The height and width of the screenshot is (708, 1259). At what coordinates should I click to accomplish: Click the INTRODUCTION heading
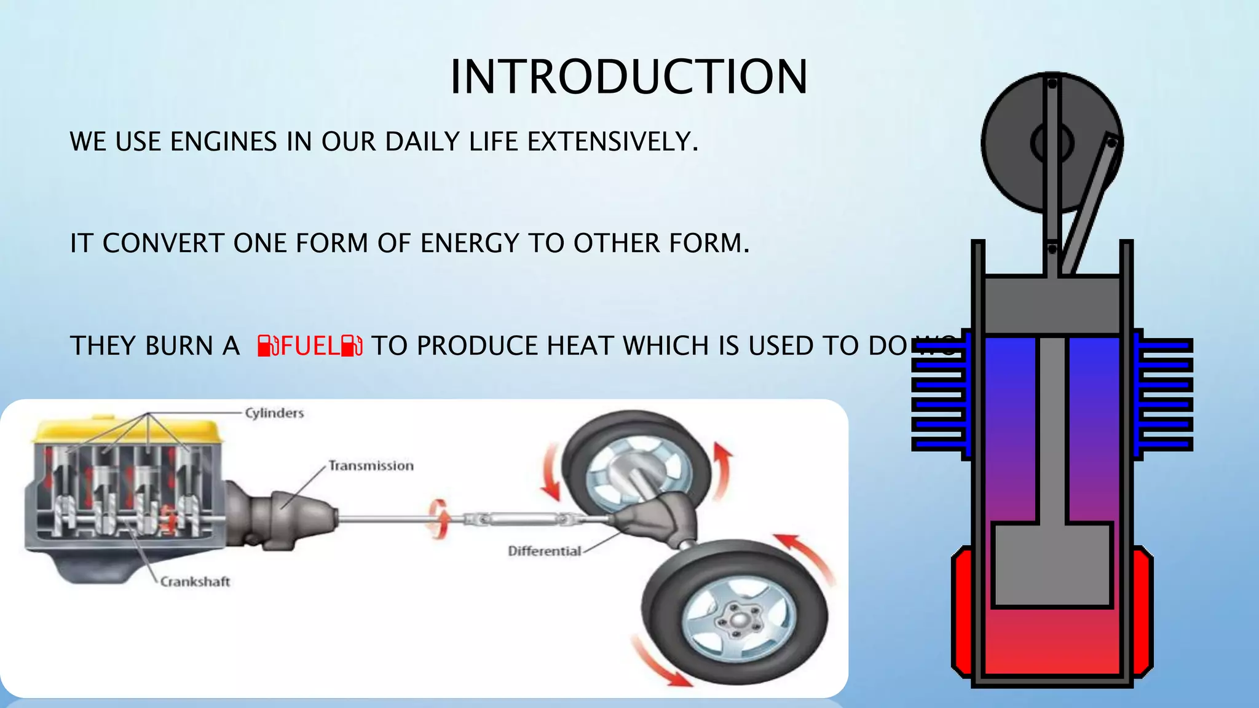click(628, 77)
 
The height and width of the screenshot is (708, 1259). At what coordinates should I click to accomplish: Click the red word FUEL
click(310, 346)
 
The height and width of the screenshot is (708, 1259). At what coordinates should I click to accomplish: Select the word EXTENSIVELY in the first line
click(612, 142)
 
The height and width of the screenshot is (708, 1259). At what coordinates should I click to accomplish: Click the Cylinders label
click(274, 413)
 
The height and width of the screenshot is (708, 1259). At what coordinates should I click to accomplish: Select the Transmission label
click(371, 466)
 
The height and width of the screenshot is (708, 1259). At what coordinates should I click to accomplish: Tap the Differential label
click(544, 551)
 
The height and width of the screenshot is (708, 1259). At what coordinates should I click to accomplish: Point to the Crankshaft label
click(195, 581)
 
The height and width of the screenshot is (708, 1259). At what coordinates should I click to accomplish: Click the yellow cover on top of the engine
click(126, 431)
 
